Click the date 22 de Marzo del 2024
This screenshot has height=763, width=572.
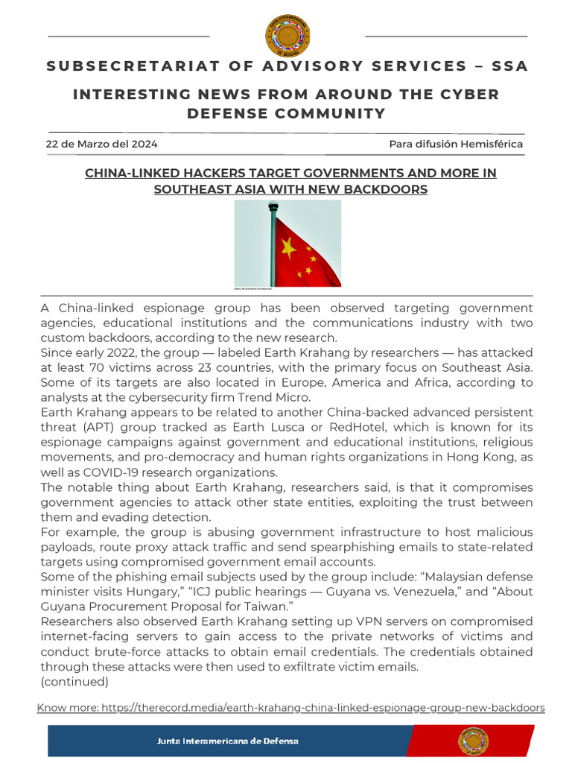pyautogui.click(x=101, y=144)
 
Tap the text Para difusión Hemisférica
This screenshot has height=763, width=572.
pyautogui.click(x=456, y=144)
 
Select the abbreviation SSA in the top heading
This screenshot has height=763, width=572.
pyautogui.click(x=509, y=66)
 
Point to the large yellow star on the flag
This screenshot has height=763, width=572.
pyautogui.click(x=289, y=248)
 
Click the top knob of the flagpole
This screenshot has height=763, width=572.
pyautogui.click(x=273, y=206)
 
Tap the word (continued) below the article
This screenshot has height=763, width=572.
pyautogui.click(x=74, y=681)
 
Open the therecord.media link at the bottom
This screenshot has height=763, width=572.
pyautogui.click(x=290, y=706)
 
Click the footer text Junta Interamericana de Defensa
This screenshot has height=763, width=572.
pyautogui.click(x=227, y=741)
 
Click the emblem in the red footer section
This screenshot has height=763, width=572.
pyautogui.click(x=473, y=741)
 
